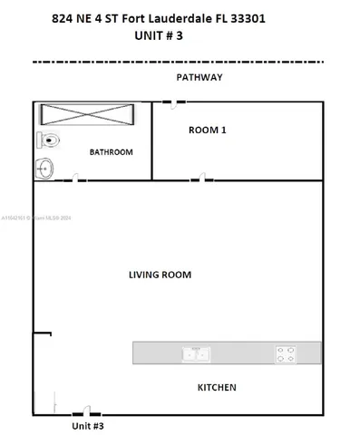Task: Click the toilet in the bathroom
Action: (50, 140)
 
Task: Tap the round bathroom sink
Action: (45, 168)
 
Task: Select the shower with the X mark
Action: (87, 116)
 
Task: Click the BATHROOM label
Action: (111, 152)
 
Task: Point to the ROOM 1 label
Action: (207, 130)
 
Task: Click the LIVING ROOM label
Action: (160, 274)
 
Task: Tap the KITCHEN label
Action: (217, 387)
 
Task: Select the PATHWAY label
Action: (199, 77)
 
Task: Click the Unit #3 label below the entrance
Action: (89, 425)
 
